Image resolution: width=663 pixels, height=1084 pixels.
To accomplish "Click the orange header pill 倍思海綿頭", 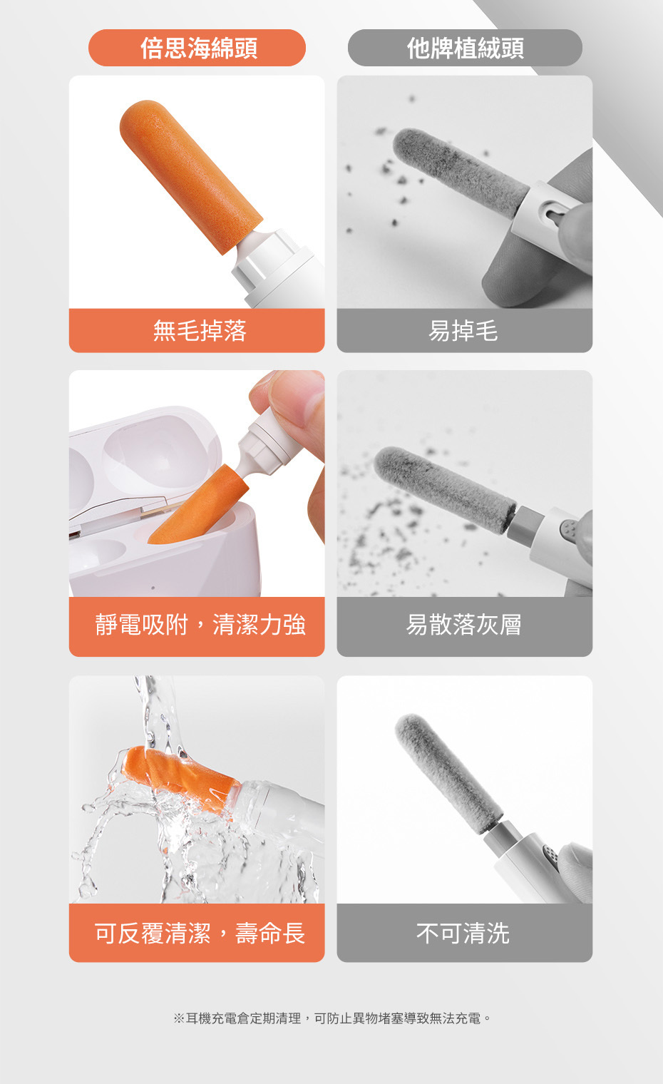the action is coord(197,47).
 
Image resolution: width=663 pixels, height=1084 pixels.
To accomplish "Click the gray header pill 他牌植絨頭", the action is coord(465,47).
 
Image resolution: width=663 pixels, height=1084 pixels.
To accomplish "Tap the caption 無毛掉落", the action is coord(200,331).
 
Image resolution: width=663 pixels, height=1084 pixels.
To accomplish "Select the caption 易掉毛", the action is coord(463,331).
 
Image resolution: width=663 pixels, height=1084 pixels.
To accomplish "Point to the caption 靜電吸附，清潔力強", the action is coord(200,624).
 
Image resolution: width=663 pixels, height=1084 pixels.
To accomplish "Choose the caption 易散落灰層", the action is coord(464,624).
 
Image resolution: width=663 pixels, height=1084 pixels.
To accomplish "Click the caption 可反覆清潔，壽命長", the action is coord(199,934).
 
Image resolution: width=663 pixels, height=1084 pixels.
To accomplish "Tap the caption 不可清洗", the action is coord(463,934).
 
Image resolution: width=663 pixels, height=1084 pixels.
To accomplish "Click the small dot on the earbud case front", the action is coord(153,588).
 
